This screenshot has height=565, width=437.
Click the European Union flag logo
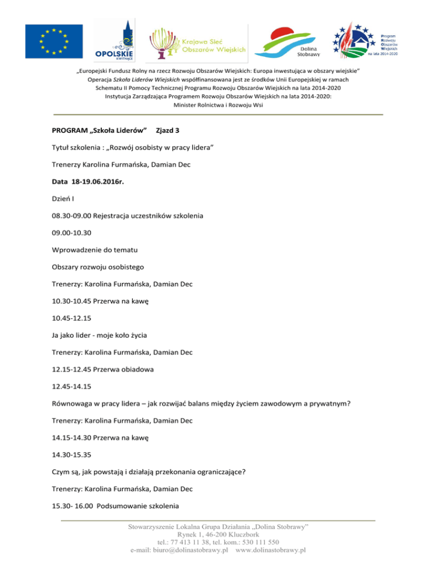(55, 41)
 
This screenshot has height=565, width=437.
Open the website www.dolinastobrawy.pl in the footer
(271, 550)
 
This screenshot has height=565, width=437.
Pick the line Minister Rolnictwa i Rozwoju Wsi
(218, 106)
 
